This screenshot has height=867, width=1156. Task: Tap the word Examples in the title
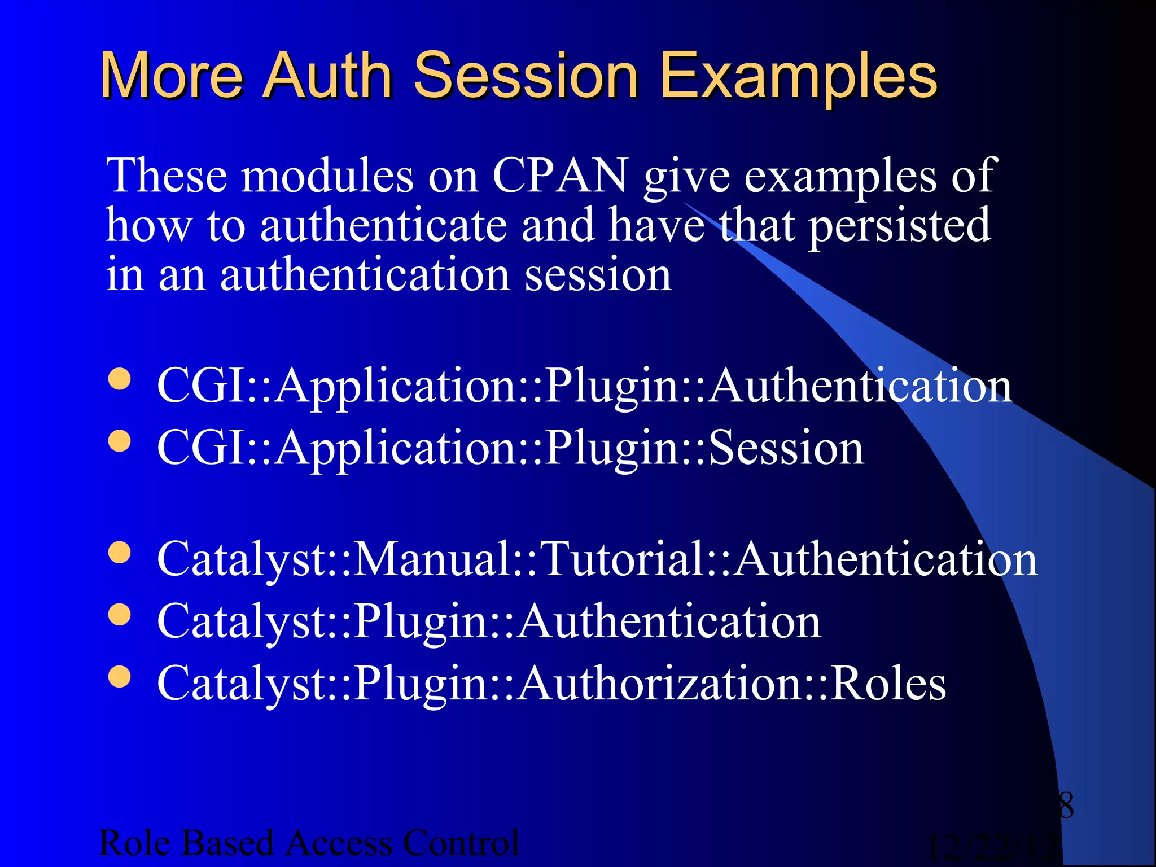click(798, 76)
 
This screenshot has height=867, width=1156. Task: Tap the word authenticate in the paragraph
click(383, 225)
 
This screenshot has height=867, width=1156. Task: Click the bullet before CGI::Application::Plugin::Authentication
click(119, 380)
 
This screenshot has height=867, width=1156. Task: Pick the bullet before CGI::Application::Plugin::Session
click(119, 442)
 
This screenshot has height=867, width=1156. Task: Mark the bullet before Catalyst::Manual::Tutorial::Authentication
click(119, 553)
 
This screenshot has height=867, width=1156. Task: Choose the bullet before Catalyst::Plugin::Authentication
click(119, 615)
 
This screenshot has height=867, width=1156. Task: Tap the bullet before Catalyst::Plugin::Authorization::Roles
click(119, 677)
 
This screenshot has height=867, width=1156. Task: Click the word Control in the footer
click(461, 843)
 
